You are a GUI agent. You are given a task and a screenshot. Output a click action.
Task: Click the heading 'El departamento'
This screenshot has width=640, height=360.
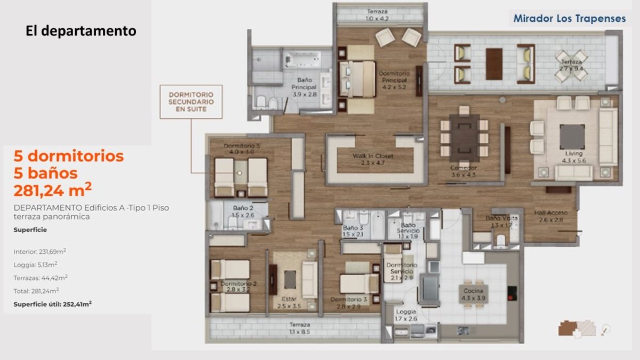[81, 31]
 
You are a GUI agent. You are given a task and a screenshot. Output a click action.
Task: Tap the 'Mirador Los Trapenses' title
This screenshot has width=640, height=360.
[569, 19]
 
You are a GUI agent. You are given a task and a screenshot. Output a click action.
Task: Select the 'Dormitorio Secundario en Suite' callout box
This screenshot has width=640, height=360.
[191, 101]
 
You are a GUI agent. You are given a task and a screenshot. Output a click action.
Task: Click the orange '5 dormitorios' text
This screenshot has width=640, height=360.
[68, 156]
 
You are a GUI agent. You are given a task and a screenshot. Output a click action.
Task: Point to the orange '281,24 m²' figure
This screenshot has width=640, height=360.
[52, 190]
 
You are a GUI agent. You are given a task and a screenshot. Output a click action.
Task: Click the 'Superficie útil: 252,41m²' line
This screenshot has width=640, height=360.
[52, 303]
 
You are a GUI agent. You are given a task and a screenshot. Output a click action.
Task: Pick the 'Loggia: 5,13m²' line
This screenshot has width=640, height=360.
[36, 264]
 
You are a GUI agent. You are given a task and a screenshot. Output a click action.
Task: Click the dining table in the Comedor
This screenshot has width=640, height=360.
[461, 138]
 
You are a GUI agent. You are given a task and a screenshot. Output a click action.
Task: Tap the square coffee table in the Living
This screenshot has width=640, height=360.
[572, 137]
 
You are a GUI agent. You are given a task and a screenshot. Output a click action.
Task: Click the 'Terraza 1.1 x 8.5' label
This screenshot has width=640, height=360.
[300, 328]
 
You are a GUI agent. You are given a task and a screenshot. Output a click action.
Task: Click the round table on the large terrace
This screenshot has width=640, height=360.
[571, 66]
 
